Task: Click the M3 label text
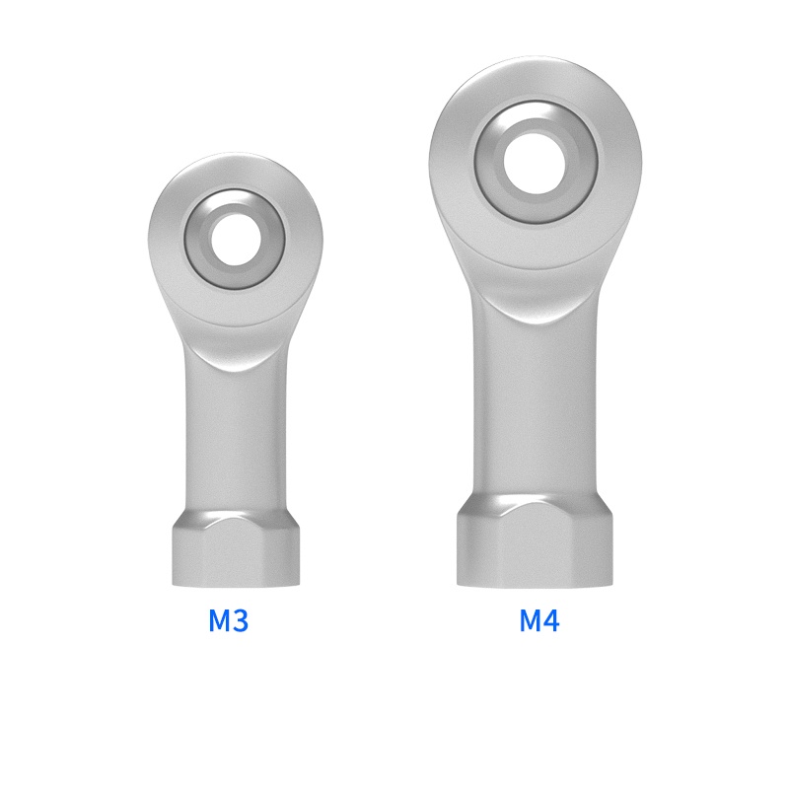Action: pyautogui.click(x=228, y=621)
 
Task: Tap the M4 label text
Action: pyautogui.click(x=539, y=621)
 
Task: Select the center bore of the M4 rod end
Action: pyautogui.click(x=534, y=160)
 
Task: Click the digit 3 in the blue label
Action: pyautogui.click(x=240, y=621)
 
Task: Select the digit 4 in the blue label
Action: pyautogui.click(x=551, y=621)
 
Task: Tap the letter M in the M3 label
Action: pyautogui.click(x=218, y=621)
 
